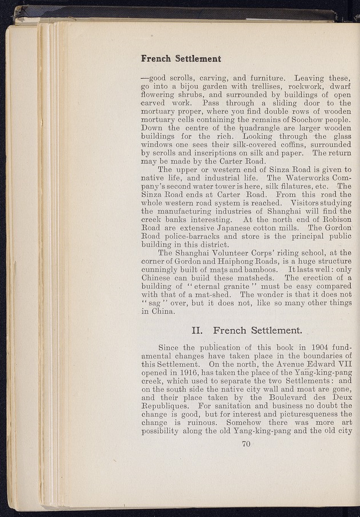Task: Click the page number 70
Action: (246, 447)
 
